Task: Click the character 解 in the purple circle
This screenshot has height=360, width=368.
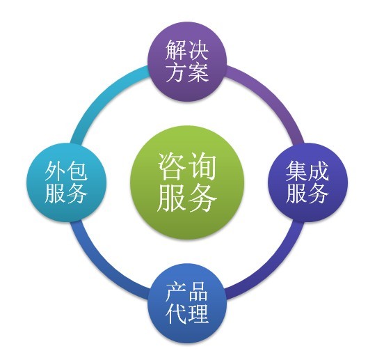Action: tap(176, 50)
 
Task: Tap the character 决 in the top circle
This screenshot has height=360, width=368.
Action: tap(198, 50)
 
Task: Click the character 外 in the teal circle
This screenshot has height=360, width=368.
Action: tap(56, 171)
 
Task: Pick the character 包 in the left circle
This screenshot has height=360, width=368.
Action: tap(77, 171)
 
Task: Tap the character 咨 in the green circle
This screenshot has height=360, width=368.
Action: tap(172, 166)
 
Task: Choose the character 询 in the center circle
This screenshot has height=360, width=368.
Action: tap(202, 166)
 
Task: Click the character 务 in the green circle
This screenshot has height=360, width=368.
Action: tap(202, 197)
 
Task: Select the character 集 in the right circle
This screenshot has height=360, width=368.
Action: tap(296, 171)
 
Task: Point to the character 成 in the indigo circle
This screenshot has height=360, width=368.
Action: tap(318, 171)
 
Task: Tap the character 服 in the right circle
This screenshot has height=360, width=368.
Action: tap(296, 193)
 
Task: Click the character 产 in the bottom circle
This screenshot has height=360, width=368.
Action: tap(176, 292)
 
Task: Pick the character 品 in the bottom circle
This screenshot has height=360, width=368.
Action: tap(198, 292)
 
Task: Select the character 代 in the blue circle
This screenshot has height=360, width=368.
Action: tap(176, 314)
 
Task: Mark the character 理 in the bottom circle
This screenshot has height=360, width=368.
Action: tap(198, 314)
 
